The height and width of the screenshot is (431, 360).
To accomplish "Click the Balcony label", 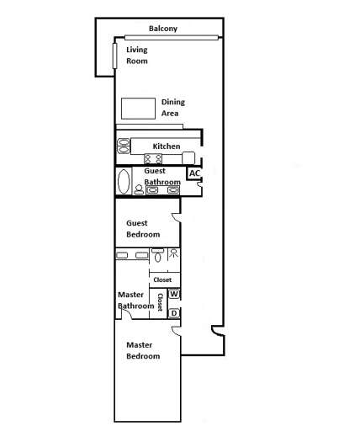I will [x=162, y=29].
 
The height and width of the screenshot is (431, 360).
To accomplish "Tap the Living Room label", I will [x=137, y=56].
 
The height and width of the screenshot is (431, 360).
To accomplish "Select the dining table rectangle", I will [x=138, y=109].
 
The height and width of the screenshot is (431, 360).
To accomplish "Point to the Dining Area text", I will [x=172, y=108].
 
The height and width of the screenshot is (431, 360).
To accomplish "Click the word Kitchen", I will [x=167, y=146].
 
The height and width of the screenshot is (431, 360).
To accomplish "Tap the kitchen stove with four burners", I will [x=153, y=158].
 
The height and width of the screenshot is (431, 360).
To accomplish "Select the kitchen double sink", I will [x=123, y=146].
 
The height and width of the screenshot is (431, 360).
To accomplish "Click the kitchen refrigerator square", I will [x=188, y=157].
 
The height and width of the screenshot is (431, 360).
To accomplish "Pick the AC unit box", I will [x=194, y=174].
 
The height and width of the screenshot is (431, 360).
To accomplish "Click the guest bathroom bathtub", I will [x=124, y=182].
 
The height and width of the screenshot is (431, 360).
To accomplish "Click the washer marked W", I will [x=174, y=295].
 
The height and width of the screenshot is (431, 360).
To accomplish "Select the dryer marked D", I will [x=174, y=314].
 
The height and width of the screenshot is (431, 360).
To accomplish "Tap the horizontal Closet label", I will [x=162, y=279].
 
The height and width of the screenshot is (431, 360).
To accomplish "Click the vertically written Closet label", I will [x=160, y=302].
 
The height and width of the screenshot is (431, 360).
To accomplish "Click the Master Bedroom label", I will [x=143, y=351].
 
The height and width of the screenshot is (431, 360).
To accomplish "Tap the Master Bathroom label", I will [x=135, y=301].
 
